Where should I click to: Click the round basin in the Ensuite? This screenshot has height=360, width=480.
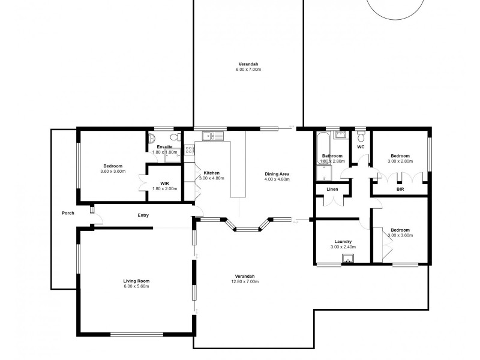tap(152, 136)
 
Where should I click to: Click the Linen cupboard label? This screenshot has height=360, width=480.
tap(332, 190)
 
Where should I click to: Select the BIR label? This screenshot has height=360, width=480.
tap(400, 190)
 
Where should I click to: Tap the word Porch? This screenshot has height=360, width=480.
tap(68, 213)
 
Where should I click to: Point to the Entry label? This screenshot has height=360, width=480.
tap(143, 215)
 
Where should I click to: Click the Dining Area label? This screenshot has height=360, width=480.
tap(277, 174)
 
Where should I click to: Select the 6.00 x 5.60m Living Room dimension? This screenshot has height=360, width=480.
tap(136, 286)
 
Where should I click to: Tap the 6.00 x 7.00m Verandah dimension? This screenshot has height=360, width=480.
tap(248, 70)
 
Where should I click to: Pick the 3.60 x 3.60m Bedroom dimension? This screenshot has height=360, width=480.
tap(113, 172)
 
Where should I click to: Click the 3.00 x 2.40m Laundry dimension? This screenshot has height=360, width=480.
tap(343, 247)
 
